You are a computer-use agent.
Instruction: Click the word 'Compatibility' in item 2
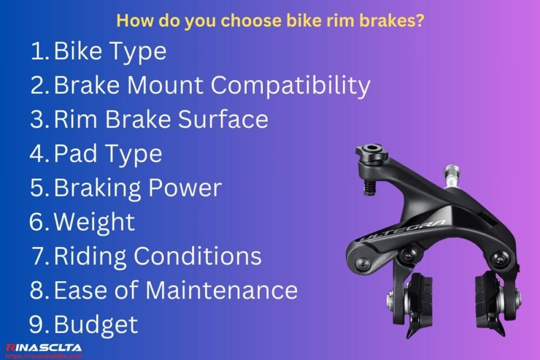(291, 86)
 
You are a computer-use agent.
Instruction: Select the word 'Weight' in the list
(94, 222)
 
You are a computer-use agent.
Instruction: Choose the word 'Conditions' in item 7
(198, 256)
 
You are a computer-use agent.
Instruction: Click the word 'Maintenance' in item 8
(221, 290)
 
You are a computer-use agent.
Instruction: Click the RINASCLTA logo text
(43, 348)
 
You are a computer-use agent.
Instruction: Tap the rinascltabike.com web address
(43, 356)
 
